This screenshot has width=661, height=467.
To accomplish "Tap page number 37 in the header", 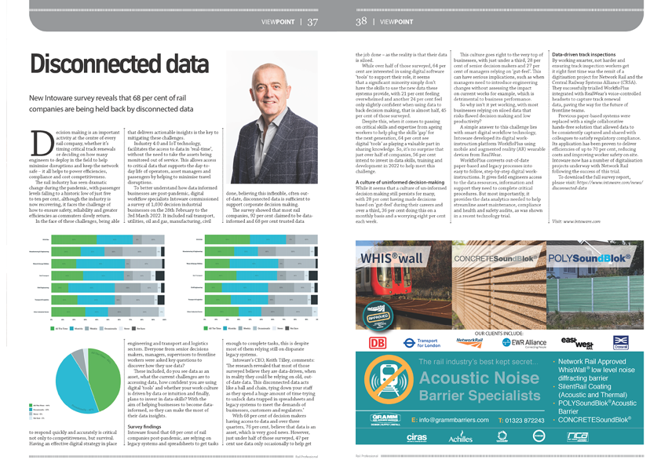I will click(x=312, y=21).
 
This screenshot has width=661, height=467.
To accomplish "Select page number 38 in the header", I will click(x=361, y=21).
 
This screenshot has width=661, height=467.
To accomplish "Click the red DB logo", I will click(x=376, y=341).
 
